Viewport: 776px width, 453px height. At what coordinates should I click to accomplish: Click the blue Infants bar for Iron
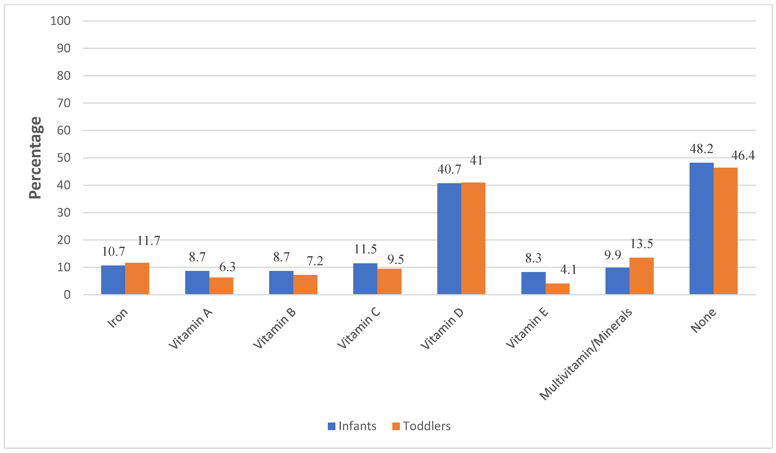tap(113, 280)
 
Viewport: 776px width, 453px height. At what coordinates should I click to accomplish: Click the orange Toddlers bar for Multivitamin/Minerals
tap(641, 276)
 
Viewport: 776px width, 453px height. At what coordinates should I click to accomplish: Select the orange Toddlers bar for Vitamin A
tap(221, 286)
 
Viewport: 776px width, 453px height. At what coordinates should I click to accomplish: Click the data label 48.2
tap(701, 149)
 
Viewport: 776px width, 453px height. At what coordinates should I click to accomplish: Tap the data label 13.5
tap(641, 244)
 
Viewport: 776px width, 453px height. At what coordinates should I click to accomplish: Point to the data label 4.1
tap(568, 270)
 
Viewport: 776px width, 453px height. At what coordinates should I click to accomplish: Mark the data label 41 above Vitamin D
tap(476, 161)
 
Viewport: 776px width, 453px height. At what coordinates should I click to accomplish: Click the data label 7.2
tap(315, 261)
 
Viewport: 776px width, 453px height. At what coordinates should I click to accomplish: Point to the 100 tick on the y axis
tap(60, 21)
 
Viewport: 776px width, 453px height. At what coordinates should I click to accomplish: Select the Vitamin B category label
tap(274, 329)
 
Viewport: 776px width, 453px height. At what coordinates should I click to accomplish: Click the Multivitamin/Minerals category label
tap(586, 354)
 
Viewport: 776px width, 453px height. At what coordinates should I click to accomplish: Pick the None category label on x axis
tap(703, 321)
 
